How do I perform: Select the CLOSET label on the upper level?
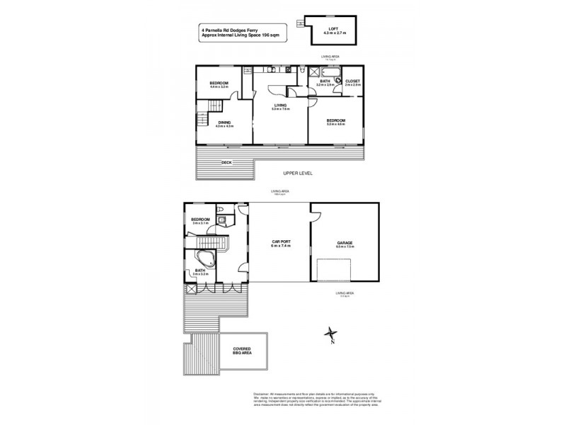[352, 81]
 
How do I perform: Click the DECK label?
[226, 162]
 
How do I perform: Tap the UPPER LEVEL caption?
[297, 174]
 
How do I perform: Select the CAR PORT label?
[281, 242]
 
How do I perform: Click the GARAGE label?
[345, 243]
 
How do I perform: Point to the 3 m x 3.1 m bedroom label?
[200, 221]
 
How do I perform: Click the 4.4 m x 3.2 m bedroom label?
[219, 85]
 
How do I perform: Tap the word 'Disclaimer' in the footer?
[262, 394]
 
